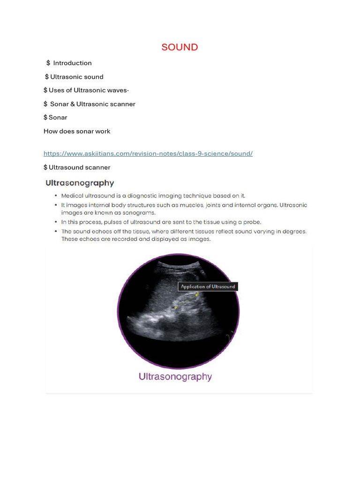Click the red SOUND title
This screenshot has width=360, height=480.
pos(180,47)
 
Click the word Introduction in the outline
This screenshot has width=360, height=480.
pos(72,63)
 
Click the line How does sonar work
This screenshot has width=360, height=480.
pos(77,131)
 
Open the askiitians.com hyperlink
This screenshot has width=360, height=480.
pos(148,153)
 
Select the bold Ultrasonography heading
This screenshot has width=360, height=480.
pos(79,183)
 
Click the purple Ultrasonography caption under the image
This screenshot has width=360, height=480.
pos(175,376)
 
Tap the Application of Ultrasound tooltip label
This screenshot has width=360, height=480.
pos(208,286)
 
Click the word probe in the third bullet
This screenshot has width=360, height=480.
pos(251,222)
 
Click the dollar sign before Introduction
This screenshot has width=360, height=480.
pos(48,63)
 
